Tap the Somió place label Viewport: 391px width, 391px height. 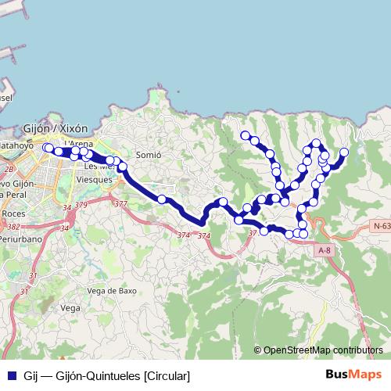[x=148, y=155]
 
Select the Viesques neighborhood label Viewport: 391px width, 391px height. [x=94, y=179]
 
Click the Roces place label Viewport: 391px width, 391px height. [x=13, y=213]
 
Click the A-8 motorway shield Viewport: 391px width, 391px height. [x=325, y=250]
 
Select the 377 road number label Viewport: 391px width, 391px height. [x=120, y=204]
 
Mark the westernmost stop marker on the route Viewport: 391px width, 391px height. [x=48, y=148]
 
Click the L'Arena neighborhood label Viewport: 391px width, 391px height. [x=81, y=144]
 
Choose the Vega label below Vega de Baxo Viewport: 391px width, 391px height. [x=70, y=308]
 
